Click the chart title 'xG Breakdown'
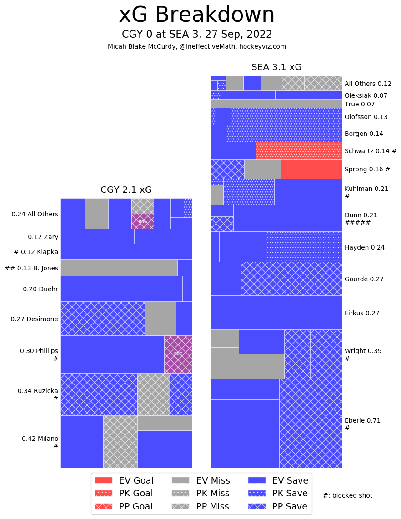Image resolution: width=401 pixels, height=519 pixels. coord(196,15)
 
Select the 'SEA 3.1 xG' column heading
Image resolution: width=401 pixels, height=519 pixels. coord(276,67)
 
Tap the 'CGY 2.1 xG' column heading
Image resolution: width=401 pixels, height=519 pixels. coord(126,190)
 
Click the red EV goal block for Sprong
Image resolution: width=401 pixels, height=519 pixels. coord(311,169)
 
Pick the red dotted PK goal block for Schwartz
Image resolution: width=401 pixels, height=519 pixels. coord(299,150)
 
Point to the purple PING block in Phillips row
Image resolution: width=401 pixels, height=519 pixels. coord(178,354)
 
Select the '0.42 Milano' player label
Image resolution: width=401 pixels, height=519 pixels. coord(40,439)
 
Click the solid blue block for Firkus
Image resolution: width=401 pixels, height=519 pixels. coord(276,313)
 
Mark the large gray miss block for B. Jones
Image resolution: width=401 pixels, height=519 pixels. coord(119,268)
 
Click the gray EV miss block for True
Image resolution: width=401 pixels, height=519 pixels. coord(276,104)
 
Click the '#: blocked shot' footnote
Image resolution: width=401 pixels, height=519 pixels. coord(347,495)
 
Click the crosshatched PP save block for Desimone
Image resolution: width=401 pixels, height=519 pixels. coord(102,319)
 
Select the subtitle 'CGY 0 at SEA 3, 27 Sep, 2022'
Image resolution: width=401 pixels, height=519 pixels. coord(196,35)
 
